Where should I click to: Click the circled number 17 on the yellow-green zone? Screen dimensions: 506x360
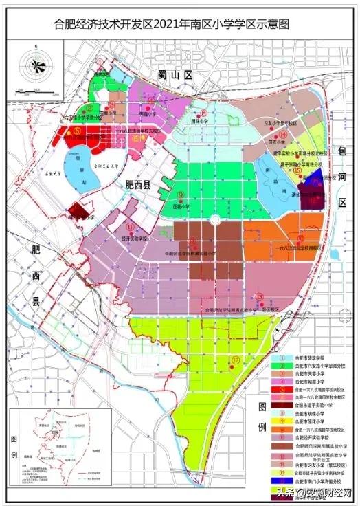[x=235, y=360]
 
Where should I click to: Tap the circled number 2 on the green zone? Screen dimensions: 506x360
[x=90, y=108]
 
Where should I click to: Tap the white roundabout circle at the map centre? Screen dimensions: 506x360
[x=214, y=220]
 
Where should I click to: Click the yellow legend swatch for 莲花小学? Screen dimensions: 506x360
[x=282, y=421]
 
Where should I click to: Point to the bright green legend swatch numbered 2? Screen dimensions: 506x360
[x=282, y=366]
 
